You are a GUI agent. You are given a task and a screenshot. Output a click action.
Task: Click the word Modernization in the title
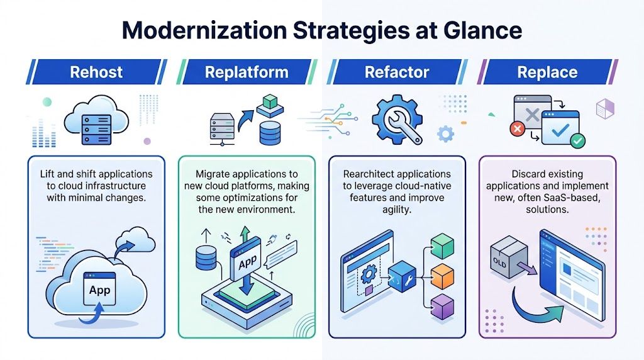[x=208, y=30]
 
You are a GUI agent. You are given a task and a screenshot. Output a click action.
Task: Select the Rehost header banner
[x=96, y=72]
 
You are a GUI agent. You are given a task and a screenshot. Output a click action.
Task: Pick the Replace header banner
[x=547, y=72]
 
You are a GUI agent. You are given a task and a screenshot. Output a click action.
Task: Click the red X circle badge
[x=518, y=129]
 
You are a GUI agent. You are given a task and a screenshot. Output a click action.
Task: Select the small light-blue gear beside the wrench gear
[x=445, y=133]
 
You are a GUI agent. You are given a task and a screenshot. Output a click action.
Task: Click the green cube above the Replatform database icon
[x=269, y=101]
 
